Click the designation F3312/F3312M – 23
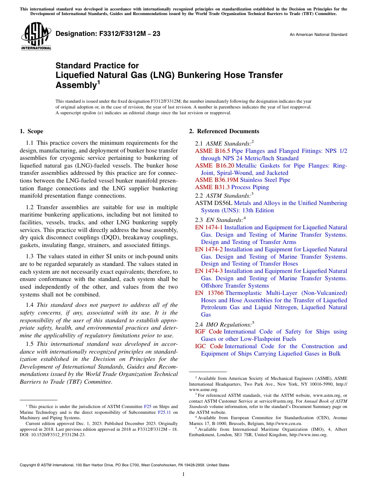(x=108, y=34)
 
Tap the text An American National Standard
(x=318, y=35)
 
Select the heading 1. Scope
(x=31, y=131)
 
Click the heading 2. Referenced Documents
(x=224, y=131)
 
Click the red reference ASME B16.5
(x=212, y=151)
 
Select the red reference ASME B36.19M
(x=217, y=180)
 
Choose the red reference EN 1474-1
(x=209, y=227)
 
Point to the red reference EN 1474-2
(x=209, y=249)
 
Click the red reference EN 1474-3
(x=209, y=271)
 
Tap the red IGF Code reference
(x=209, y=332)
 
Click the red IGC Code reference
(x=209, y=346)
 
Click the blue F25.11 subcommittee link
(x=164, y=412)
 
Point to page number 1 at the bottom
(x=183, y=474)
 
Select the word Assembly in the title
(x=75, y=85)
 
